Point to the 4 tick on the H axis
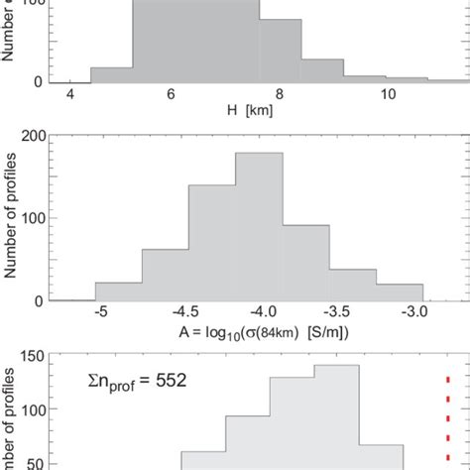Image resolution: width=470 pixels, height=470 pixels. click(70, 94)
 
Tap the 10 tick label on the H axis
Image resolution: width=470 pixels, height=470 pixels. click(388, 94)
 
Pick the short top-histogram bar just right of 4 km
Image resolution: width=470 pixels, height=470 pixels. click(110, 75)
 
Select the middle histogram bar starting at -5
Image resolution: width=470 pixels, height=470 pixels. click(118, 292)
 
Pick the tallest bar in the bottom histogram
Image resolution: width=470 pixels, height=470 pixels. click(336, 416)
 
